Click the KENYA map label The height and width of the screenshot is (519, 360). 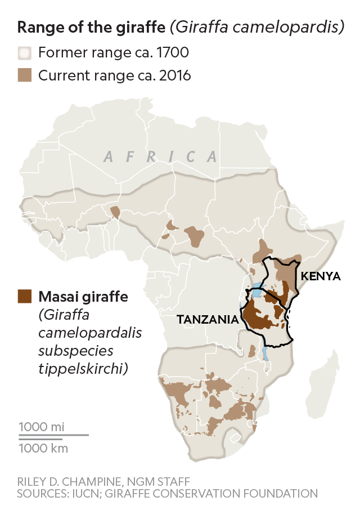[321, 276]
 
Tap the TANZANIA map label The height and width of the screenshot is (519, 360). [207, 319]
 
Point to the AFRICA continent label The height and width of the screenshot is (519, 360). [160, 156]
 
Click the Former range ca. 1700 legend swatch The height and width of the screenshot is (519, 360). [25, 54]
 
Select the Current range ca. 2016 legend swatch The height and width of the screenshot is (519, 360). [25, 75]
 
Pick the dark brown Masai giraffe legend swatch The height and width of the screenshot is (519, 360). [25, 296]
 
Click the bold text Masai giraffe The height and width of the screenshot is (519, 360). [83, 296]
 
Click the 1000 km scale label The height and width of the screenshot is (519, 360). [43, 448]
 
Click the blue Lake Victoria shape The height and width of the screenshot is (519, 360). [256, 293]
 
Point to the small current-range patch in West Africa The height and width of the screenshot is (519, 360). [115, 212]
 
